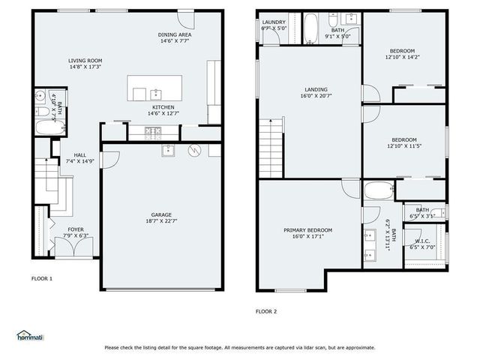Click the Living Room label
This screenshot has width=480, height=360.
tap(85, 61)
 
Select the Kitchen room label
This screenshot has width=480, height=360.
tap(163, 107)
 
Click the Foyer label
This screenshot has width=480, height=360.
tap(76, 229)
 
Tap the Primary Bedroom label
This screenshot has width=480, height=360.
tap(307, 230)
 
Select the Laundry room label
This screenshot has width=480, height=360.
tap(274, 22)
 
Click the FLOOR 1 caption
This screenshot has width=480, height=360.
tap(41, 279)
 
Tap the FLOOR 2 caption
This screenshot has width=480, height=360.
tap(266, 311)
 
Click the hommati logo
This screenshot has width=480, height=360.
tap(30, 336)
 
